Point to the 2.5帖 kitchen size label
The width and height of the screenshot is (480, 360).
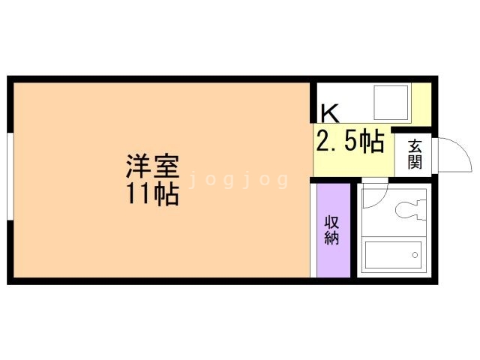350,140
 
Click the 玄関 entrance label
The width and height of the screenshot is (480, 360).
415,154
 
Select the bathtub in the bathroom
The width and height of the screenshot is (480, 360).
393,255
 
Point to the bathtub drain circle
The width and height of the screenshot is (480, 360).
415,255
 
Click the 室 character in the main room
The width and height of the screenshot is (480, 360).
166,164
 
